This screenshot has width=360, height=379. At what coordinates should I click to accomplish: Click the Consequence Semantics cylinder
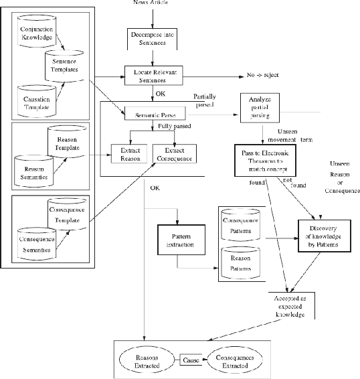[33, 238]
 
